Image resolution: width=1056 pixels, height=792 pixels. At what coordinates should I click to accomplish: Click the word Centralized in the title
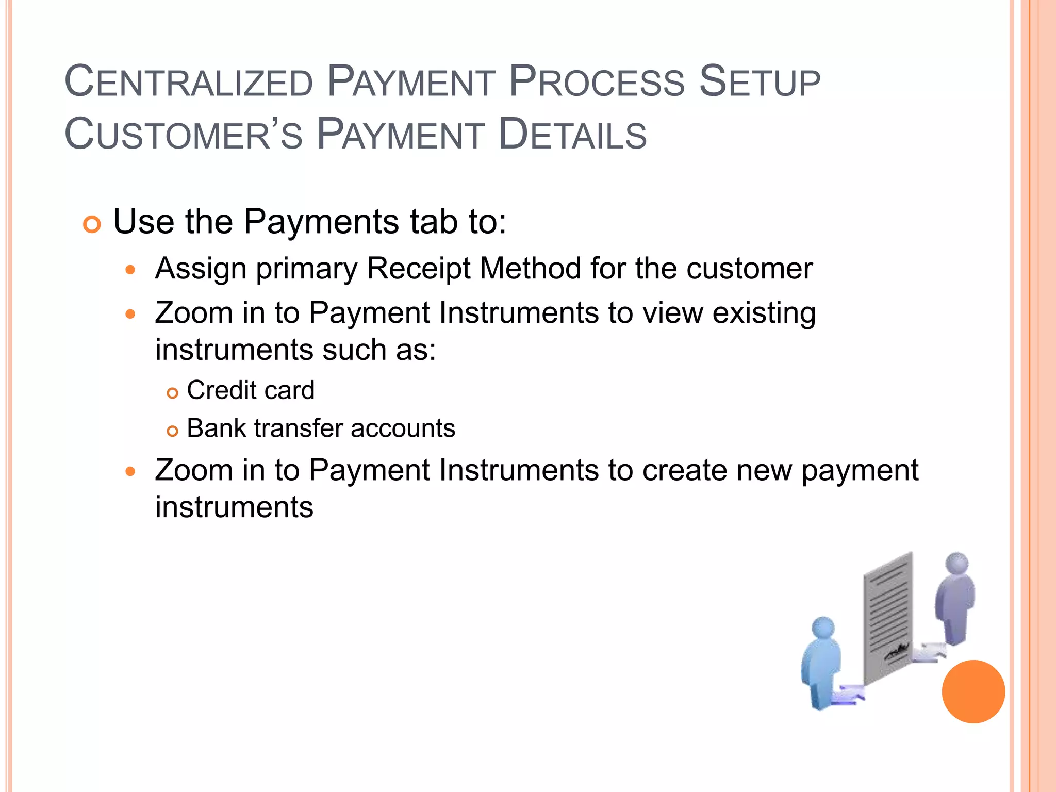coord(189,81)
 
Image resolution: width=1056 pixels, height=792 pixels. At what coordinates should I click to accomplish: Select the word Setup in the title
coord(759,81)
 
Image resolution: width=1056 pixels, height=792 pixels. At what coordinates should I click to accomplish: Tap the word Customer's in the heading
coord(184,135)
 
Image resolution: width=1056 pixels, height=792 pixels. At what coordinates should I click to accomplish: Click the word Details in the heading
coord(573,135)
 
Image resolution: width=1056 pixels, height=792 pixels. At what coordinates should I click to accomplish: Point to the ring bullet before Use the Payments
coord(92,225)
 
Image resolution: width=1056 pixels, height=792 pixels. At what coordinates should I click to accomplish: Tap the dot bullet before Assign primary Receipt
coord(130,270)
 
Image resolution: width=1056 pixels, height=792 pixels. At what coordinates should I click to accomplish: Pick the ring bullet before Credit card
coord(172,393)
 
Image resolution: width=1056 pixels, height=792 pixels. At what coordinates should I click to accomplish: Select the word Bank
coord(216,428)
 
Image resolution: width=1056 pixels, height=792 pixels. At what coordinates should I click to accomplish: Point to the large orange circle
coord(973,691)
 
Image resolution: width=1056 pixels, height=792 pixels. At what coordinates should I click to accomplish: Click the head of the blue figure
coord(823,628)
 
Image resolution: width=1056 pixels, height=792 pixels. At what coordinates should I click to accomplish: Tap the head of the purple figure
coord(958,563)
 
